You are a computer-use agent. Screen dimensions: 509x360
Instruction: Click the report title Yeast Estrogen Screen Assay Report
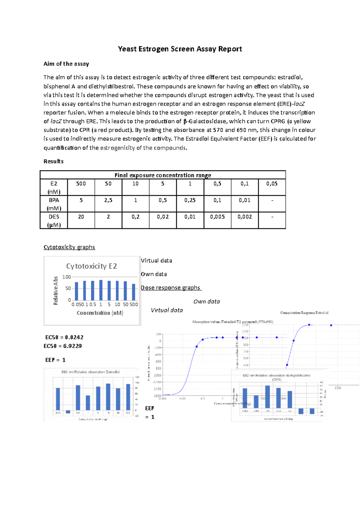[x=180, y=49]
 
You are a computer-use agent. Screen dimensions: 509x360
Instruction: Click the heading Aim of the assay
[x=66, y=64]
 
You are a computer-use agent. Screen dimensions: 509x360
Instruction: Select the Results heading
[x=53, y=161]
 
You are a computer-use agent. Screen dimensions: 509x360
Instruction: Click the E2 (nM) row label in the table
[x=54, y=187]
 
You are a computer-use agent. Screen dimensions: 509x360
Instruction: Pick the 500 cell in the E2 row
[x=81, y=184]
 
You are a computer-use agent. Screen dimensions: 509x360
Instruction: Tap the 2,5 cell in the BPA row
[x=108, y=200]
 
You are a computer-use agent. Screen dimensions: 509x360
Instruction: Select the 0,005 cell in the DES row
[x=217, y=217]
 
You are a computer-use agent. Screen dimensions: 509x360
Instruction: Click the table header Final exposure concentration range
[x=163, y=175]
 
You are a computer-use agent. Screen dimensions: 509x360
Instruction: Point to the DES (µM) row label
[x=54, y=220]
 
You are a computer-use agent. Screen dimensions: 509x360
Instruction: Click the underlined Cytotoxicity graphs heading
[x=69, y=247]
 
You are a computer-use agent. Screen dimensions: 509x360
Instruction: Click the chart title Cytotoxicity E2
[x=91, y=266]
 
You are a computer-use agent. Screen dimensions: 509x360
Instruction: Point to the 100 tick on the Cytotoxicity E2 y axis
[x=67, y=277]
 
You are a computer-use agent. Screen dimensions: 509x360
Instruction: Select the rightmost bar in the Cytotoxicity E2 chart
[x=134, y=292]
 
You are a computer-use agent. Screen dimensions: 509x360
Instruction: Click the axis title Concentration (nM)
[x=100, y=313]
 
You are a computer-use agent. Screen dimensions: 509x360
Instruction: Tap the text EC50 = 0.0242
[x=64, y=337]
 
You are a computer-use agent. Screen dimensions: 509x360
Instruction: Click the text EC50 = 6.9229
[x=63, y=346]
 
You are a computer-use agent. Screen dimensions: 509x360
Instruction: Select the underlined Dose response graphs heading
[x=171, y=287]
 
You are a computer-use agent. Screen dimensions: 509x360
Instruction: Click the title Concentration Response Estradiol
[x=304, y=313]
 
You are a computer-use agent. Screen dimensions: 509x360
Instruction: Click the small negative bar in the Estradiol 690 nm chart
[x=68, y=412]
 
